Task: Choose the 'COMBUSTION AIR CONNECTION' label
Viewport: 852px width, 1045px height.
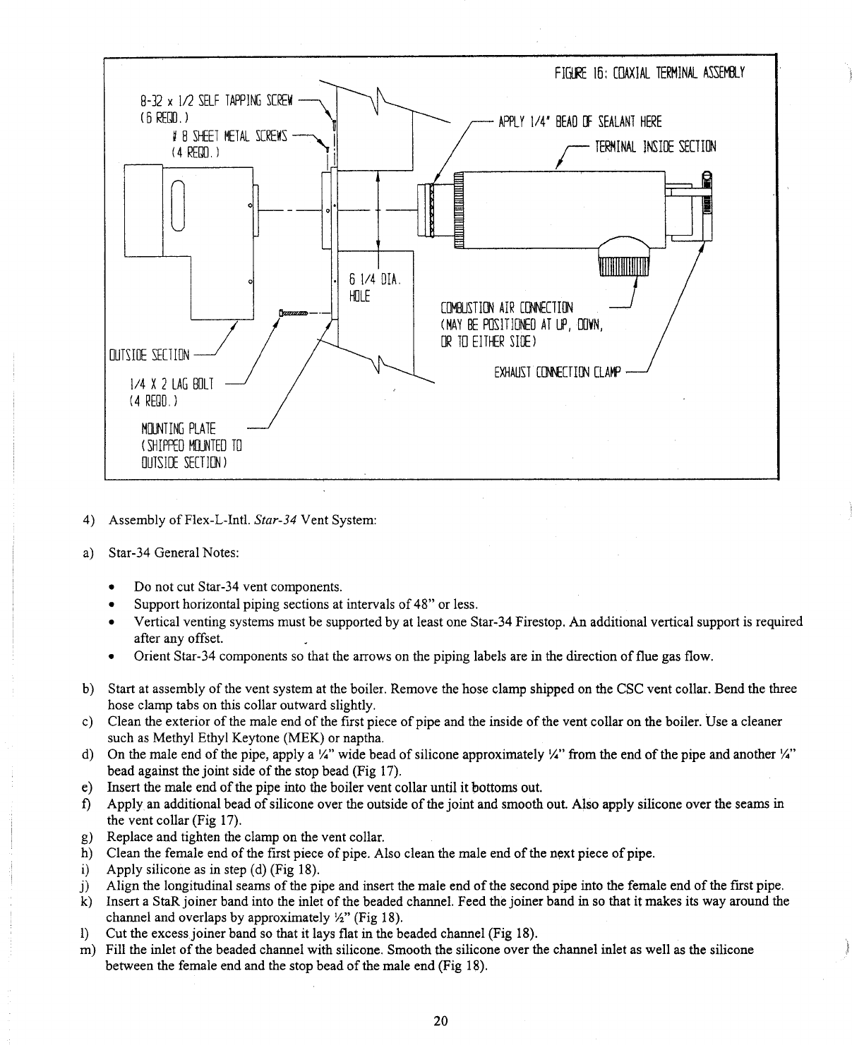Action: (x=506, y=308)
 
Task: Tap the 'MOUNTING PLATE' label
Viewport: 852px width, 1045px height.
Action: (x=179, y=429)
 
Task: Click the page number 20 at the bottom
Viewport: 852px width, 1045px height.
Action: (x=441, y=1021)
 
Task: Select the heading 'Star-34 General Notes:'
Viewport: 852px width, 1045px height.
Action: (x=173, y=552)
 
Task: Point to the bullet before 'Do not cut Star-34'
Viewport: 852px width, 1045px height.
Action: (x=112, y=587)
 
